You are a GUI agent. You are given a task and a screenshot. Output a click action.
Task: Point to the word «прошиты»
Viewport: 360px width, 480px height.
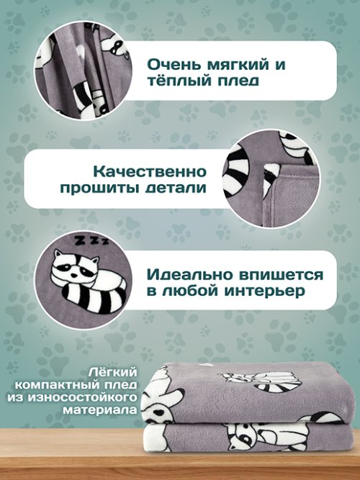click(x=100, y=189)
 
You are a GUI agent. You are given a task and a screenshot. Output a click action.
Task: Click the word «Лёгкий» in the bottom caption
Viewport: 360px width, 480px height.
click(x=114, y=372)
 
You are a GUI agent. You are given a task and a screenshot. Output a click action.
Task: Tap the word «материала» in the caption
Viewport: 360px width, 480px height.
click(x=100, y=409)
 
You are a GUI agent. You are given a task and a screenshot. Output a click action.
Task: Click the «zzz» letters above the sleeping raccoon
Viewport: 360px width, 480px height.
click(x=91, y=240)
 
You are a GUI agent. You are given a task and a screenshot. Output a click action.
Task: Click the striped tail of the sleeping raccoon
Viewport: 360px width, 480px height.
click(x=94, y=298)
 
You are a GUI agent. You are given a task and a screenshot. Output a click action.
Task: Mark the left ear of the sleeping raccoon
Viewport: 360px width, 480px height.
click(x=58, y=254)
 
